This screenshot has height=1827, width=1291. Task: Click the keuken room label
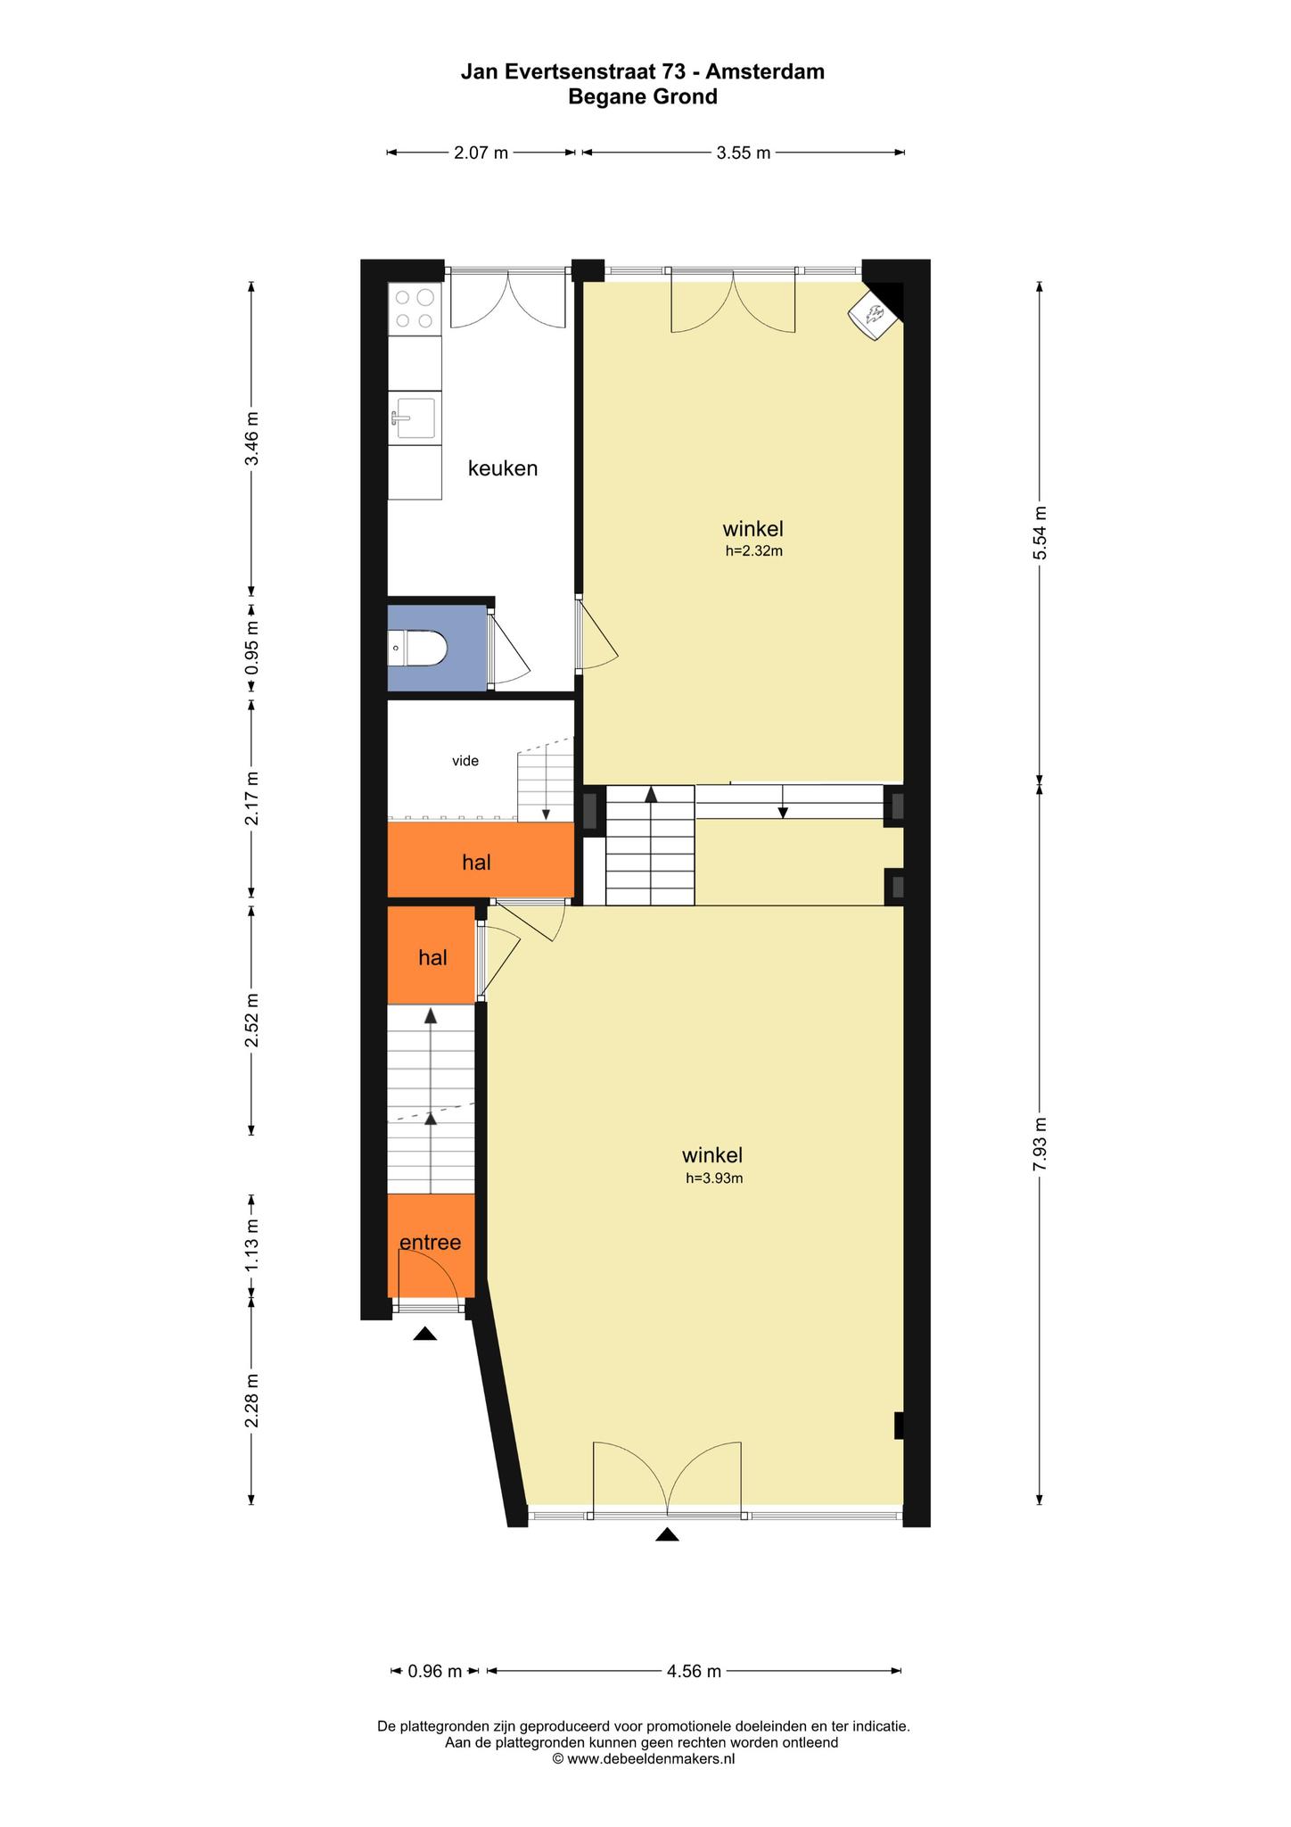point(503,468)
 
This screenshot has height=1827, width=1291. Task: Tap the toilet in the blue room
point(417,648)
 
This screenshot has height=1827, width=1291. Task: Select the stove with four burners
point(415,309)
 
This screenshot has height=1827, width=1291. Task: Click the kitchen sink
point(415,417)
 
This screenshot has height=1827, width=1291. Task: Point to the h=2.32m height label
point(753,551)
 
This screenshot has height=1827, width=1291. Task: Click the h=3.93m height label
point(714,1178)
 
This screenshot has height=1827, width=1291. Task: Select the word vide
point(465,761)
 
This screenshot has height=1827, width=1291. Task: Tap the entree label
point(430,1242)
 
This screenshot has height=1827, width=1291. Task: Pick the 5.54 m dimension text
point(1039,533)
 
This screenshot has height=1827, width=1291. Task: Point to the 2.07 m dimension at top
point(481,153)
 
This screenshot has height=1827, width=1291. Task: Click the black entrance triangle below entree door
point(425,1334)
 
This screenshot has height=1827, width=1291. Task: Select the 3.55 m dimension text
point(744,153)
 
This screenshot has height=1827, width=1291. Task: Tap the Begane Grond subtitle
point(643,97)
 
